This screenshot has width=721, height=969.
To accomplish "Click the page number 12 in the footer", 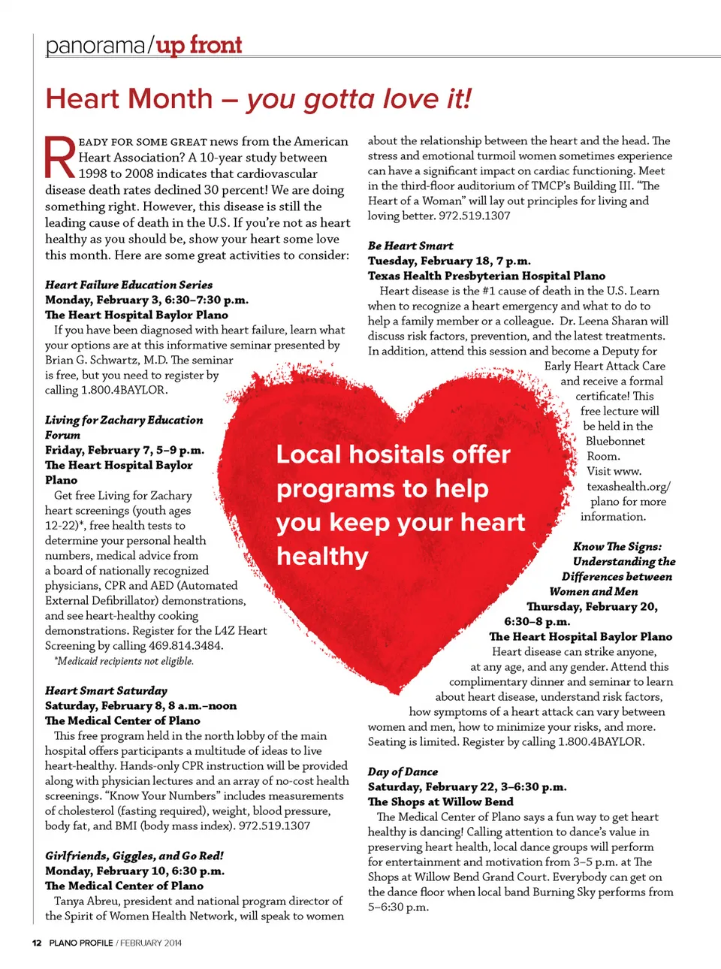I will point(36,943).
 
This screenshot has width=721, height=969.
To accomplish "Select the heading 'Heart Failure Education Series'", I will point(128,285).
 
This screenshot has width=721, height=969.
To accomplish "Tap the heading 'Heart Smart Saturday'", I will point(106,690).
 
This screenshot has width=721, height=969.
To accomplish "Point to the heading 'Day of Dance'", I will point(403,771).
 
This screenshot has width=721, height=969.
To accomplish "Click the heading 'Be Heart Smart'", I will point(410,246).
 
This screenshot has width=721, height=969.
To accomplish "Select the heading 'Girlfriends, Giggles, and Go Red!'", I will point(134,856).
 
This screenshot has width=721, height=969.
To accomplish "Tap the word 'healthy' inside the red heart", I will point(322,557).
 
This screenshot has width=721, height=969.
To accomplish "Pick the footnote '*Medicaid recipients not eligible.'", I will point(124,661).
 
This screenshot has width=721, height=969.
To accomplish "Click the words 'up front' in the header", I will point(199,45).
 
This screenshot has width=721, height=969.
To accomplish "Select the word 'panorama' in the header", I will point(95,46).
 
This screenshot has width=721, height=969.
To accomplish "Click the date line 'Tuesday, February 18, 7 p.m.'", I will point(449,261).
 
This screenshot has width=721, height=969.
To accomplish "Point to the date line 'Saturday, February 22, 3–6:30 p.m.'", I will point(467,786).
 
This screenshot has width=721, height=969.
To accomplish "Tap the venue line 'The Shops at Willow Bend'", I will point(440,801).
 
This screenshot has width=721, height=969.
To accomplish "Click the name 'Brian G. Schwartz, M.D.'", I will point(106,360).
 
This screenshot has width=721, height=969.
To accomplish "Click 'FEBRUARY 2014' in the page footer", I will point(151,943).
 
